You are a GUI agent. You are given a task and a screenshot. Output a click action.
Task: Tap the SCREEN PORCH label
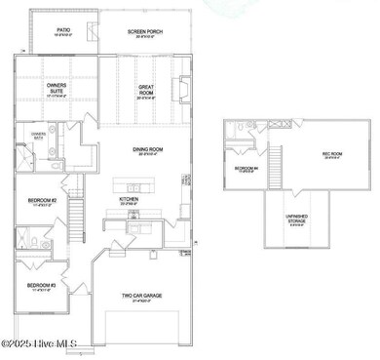[145, 31]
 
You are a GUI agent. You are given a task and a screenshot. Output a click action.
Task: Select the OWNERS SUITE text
[57, 88]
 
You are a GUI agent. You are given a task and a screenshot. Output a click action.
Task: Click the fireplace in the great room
[181, 88]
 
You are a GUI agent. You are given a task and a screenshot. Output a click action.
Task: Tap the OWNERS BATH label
[38, 134]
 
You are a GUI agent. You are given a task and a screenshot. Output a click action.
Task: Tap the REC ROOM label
[333, 153]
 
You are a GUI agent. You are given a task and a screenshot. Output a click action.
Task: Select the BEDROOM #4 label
[246, 168]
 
